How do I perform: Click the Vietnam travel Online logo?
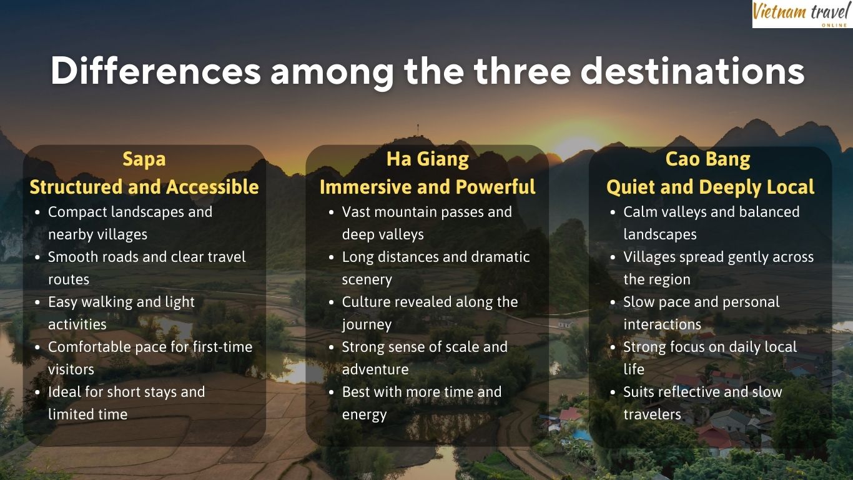pyautogui.click(x=802, y=14)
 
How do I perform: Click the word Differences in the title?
pyautogui.click(x=155, y=71)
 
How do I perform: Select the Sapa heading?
pyautogui.click(x=144, y=159)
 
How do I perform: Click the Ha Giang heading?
pyautogui.click(x=427, y=159)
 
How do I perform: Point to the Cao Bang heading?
pyautogui.click(x=708, y=159)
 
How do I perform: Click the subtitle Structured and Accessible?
pyautogui.click(x=144, y=187)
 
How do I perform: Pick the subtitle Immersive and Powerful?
pyautogui.click(x=427, y=187)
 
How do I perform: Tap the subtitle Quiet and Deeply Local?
pyautogui.click(x=710, y=187)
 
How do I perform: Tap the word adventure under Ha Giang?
pyautogui.click(x=375, y=369)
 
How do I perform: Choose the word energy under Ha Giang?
pyautogui.click(x=364, y=415)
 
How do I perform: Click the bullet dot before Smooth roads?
pyautogui.click(x=39, y=257)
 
